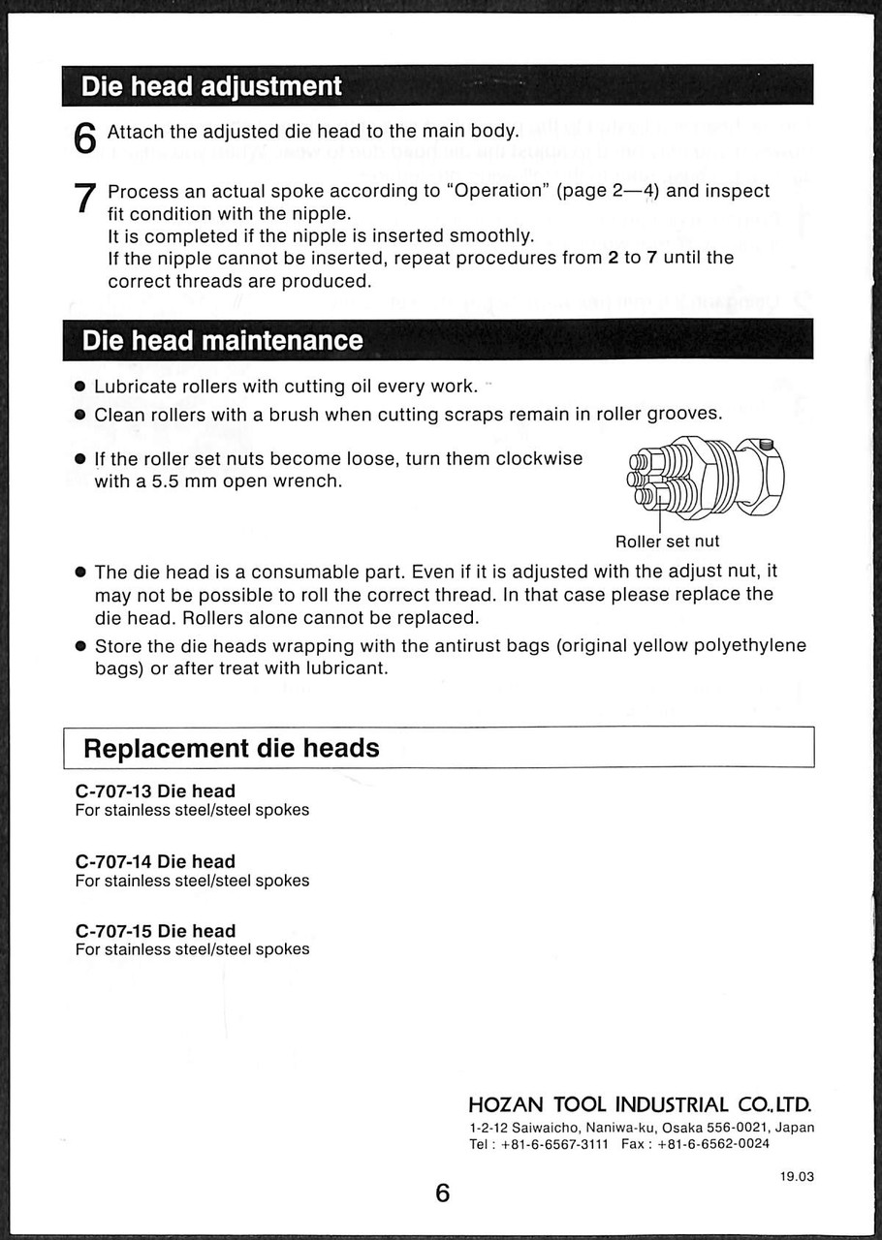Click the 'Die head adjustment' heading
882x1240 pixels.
pos(211,86)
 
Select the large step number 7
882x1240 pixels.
pos(85,199)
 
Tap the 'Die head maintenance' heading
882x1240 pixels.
pos(222,340)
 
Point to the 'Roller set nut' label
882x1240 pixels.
pos(667,542)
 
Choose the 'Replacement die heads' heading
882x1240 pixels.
pos(231,748)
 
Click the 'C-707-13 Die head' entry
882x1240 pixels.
pos(155,791)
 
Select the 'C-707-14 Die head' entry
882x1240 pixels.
pos(155,861)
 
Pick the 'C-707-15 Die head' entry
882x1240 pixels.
pos(155,931)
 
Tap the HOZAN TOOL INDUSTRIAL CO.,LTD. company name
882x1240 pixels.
pos(640,1105)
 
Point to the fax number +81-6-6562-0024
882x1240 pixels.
pos(712,1144)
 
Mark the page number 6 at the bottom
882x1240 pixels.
pos(442,1193)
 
